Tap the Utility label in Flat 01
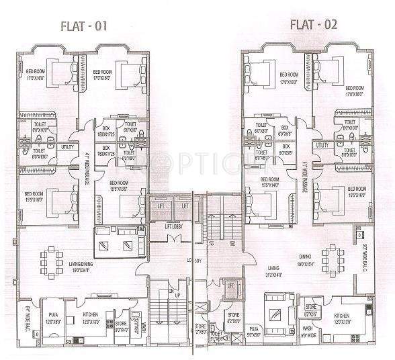[x=67, y=146]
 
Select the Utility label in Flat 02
[x=322, y=144]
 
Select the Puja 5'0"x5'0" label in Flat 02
[x=253, y=330]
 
